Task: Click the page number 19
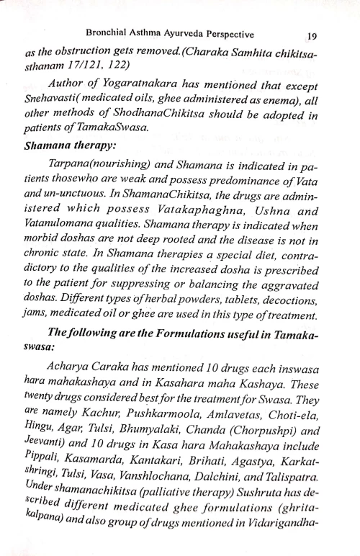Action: coord(312,34)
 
